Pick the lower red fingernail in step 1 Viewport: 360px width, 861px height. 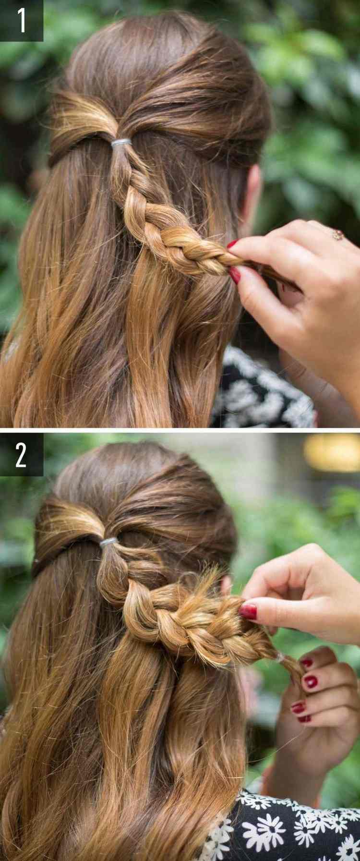235,275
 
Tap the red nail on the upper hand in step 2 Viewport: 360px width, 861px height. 248,611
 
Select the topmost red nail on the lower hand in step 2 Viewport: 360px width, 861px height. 306,664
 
